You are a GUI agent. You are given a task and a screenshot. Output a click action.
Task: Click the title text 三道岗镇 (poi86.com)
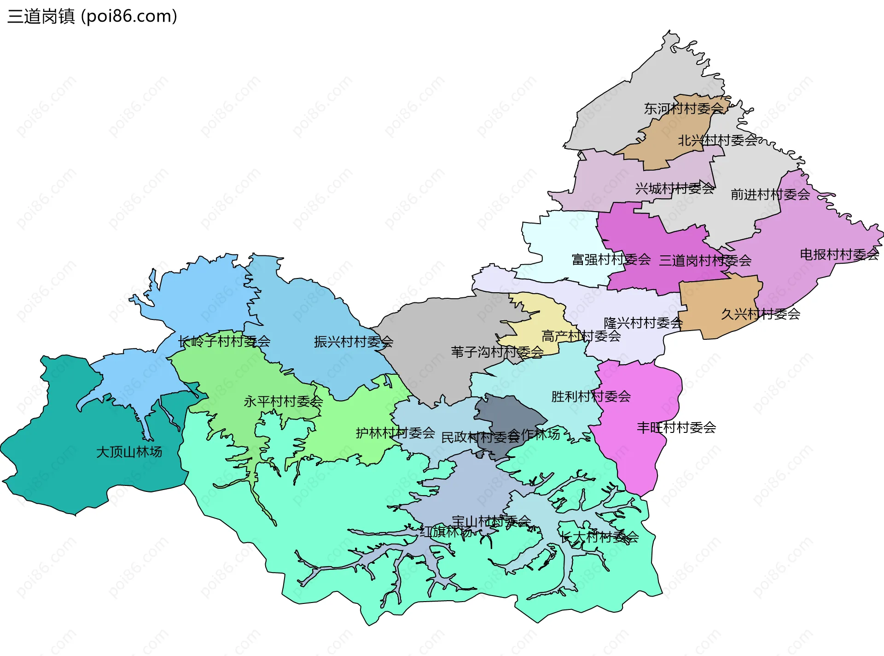(92, 17)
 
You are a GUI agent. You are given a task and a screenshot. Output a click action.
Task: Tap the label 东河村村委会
(683, 109)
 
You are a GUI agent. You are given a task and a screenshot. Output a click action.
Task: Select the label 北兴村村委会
(717, 140)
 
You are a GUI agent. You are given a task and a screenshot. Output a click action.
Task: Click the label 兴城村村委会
(675, 189)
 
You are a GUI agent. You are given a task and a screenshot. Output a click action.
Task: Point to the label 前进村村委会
(770, 195)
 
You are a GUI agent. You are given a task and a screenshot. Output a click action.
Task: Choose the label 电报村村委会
(839, 254)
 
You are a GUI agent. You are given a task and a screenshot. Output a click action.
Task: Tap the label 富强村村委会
(611, 260)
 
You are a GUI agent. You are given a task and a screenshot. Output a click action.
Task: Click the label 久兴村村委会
(760, 314)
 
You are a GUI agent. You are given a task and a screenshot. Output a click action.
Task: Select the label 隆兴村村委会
(643, 323)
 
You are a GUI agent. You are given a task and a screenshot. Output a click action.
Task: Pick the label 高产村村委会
(581, 336)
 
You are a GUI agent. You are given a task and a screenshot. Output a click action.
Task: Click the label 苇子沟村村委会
(497, 352)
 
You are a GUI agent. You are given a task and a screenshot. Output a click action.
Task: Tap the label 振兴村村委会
(353, 342)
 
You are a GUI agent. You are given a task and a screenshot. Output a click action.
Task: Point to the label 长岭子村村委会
(224, 342)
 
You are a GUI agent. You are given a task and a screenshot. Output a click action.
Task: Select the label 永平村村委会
(283, 402)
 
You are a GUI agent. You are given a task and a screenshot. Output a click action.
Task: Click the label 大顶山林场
(129, 452)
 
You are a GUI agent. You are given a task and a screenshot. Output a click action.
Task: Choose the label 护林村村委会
(395, 433)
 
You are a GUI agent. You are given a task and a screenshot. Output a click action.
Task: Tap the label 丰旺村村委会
(676, 428)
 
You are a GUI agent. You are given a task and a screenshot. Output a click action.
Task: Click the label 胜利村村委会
(591, 396)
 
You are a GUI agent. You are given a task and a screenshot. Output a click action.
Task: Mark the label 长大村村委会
(599, 537)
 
